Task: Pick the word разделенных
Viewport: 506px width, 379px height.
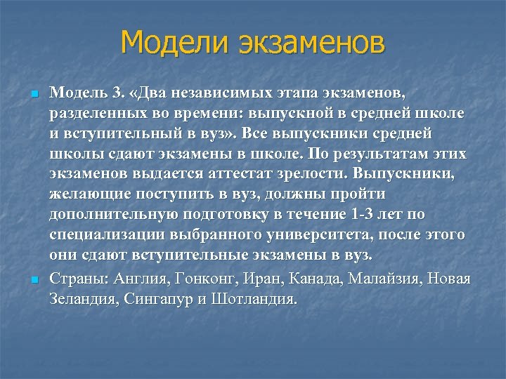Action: click(90, 112)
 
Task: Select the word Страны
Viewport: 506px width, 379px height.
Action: click(77, 280)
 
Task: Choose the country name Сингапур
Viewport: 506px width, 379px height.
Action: click(160, 300)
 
